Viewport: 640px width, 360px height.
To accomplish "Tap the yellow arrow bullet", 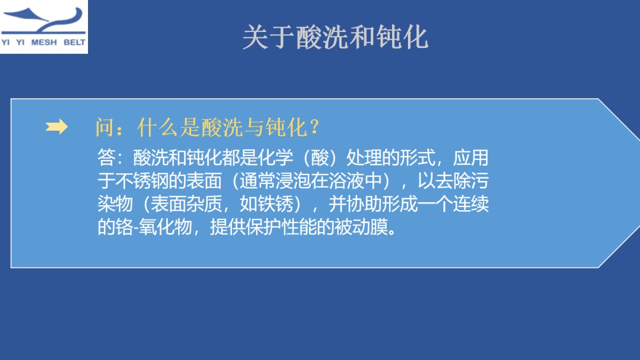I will (57, 127).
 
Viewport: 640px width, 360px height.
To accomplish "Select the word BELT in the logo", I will (74, 43).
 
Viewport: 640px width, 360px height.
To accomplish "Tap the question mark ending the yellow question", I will (314, 128).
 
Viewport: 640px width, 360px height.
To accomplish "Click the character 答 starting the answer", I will (105, 158).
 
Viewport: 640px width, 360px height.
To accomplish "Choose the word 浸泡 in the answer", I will (290, 181).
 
